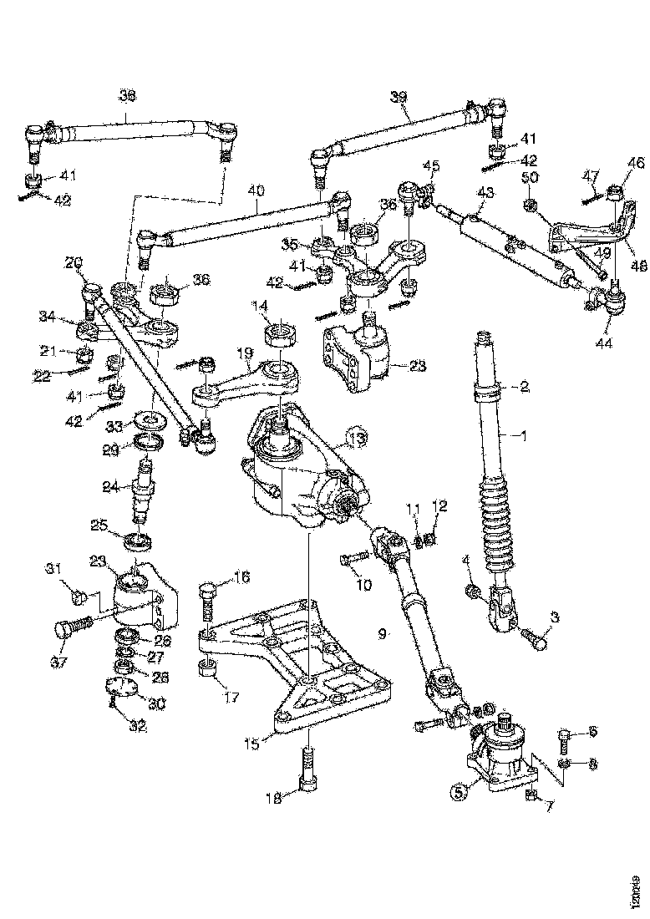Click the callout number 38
[126, 96]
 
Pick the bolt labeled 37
[70, 628]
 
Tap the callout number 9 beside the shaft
[382, 634]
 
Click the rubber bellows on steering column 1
[499, 523]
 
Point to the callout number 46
[636, 164]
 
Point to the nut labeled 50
[530, 206]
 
